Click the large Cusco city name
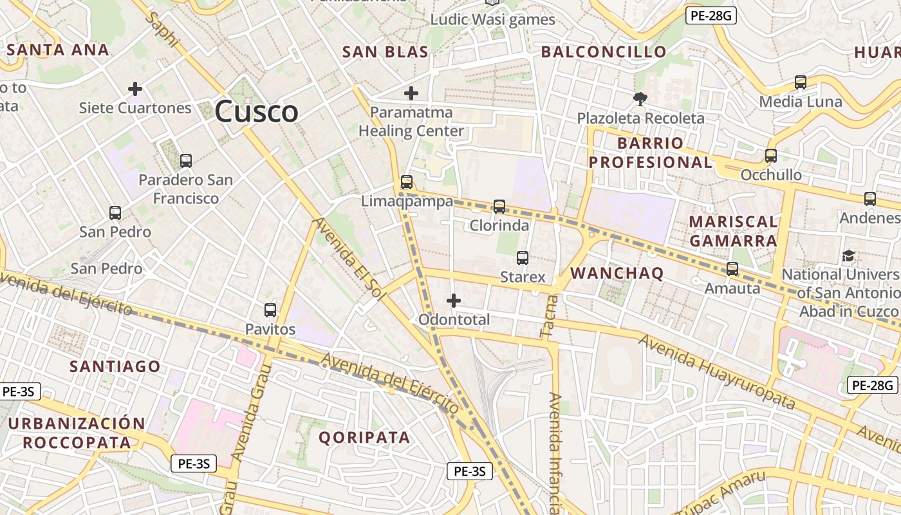point(256,111)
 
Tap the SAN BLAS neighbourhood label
point(385,52)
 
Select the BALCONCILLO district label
point(604,52)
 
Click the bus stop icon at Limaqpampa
point(406,182)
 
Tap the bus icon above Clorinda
point(499,207)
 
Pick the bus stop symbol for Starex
point(522,258)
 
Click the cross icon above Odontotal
point(454,300)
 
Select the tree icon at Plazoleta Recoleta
point(640,99)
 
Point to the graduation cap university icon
point(848,256)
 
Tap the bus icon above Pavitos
point(270,310)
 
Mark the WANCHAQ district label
point(617,273)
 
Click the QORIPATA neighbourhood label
point(364,437)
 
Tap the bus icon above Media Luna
point(800,82)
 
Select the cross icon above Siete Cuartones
point(135,88)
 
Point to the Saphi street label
point(162,29)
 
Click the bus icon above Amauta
point(732,269)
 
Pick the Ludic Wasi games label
point(492,19)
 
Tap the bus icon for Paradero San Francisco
point(185,161)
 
